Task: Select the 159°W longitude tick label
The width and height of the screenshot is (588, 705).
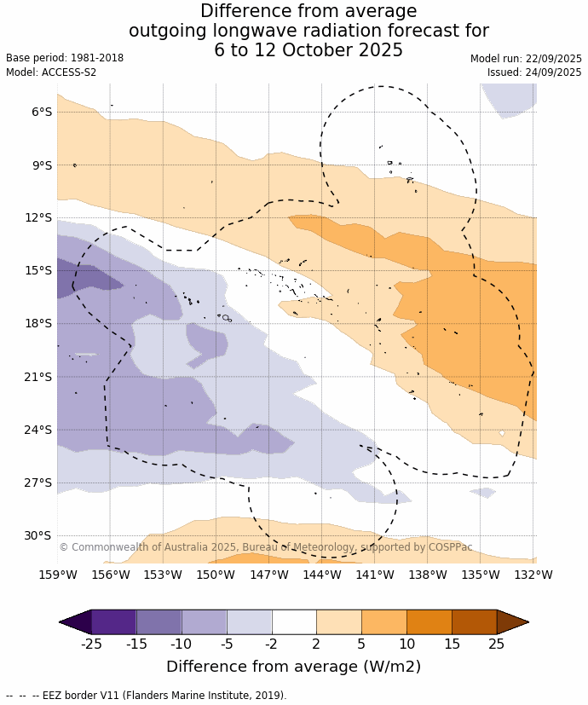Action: [58, 575]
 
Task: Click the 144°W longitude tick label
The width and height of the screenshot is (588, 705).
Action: [322, 575]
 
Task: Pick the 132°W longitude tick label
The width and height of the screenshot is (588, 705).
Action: [535, 575]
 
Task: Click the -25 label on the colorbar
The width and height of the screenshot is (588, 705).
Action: [91, 644]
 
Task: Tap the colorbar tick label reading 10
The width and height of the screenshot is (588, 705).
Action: [406, 644]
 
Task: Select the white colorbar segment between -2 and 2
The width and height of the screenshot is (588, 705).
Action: [294, 622]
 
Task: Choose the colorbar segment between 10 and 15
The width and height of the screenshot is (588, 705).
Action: [429, 622]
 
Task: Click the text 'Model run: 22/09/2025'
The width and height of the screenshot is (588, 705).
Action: [526, 59]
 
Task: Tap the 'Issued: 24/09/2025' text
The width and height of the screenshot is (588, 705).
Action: [534, 72]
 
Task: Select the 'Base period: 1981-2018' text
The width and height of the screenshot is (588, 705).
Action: [65, 58]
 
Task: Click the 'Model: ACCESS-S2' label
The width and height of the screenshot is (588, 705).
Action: [51, 72]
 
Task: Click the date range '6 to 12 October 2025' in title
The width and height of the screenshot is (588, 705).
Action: [308, 50]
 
